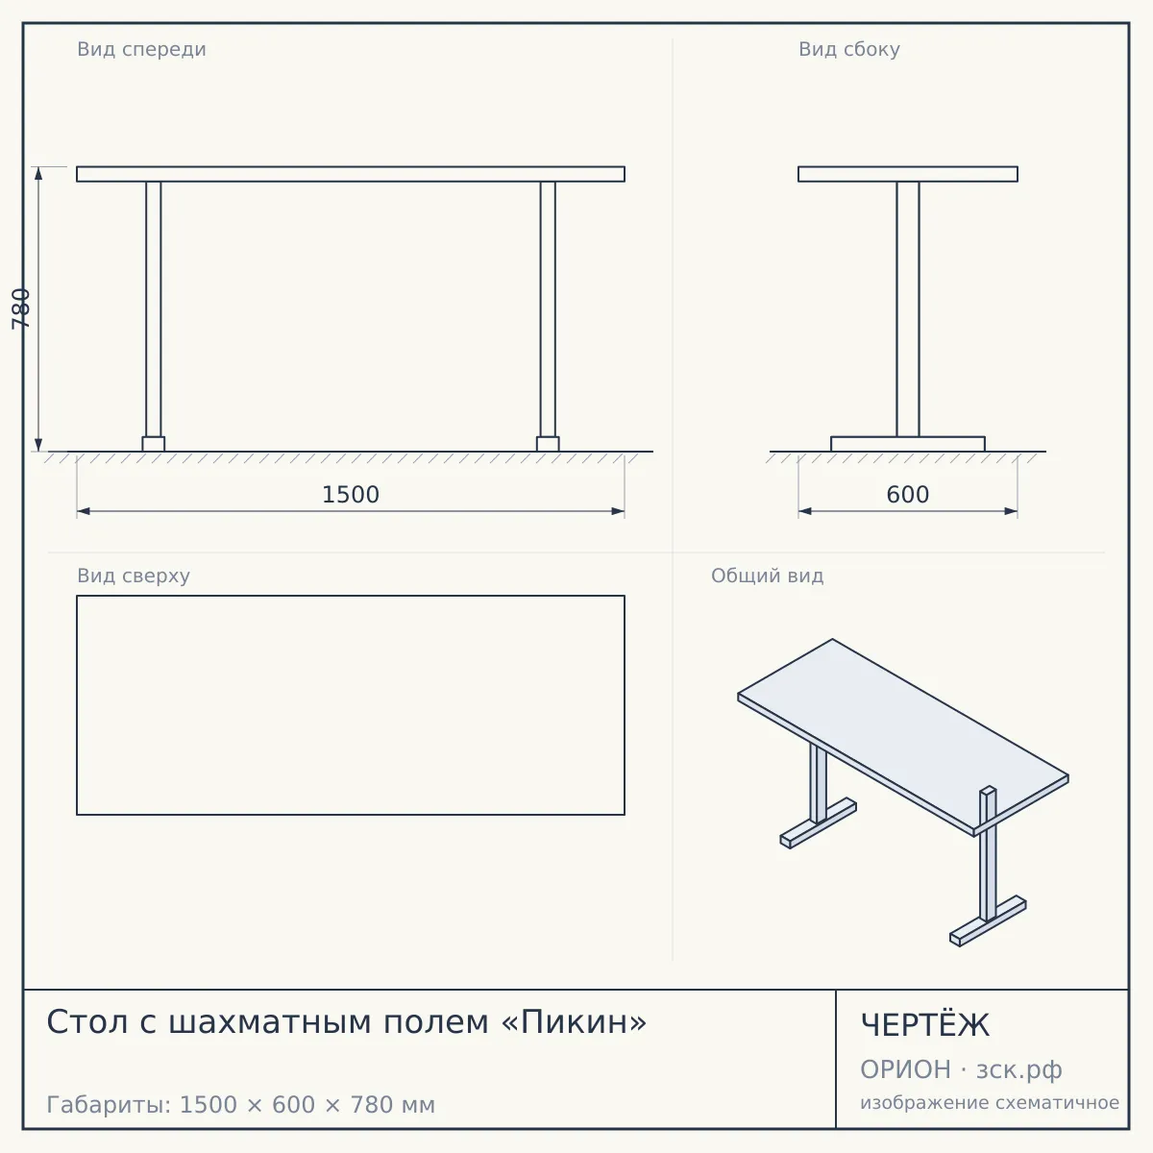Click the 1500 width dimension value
click(x=351, y=495)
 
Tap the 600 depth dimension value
click(x=908, y=495)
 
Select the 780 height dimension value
click(x=21, y=308)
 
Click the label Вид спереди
click(x=142, y=49)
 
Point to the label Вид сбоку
click(x=849, y=49)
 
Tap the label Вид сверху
click(x=134, y=576)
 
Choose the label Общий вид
click(x=767, y=576)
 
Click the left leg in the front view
click(x=153, y=308)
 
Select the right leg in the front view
click(x=548, y=308)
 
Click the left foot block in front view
click(x=153, y=444)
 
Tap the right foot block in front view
click(x=548, y=444)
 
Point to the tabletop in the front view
click(x=351, y=174)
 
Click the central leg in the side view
click(x=908, y=308)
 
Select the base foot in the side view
click(x=908, y=444)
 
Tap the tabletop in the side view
click(x=908, y=174)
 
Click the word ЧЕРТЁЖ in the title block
click(x=925, y=1025)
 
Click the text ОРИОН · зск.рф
click(x=961, y=1069)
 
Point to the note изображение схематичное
click(x=990, y=1103)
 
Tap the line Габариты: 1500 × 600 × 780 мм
click(x=240, y=1105)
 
